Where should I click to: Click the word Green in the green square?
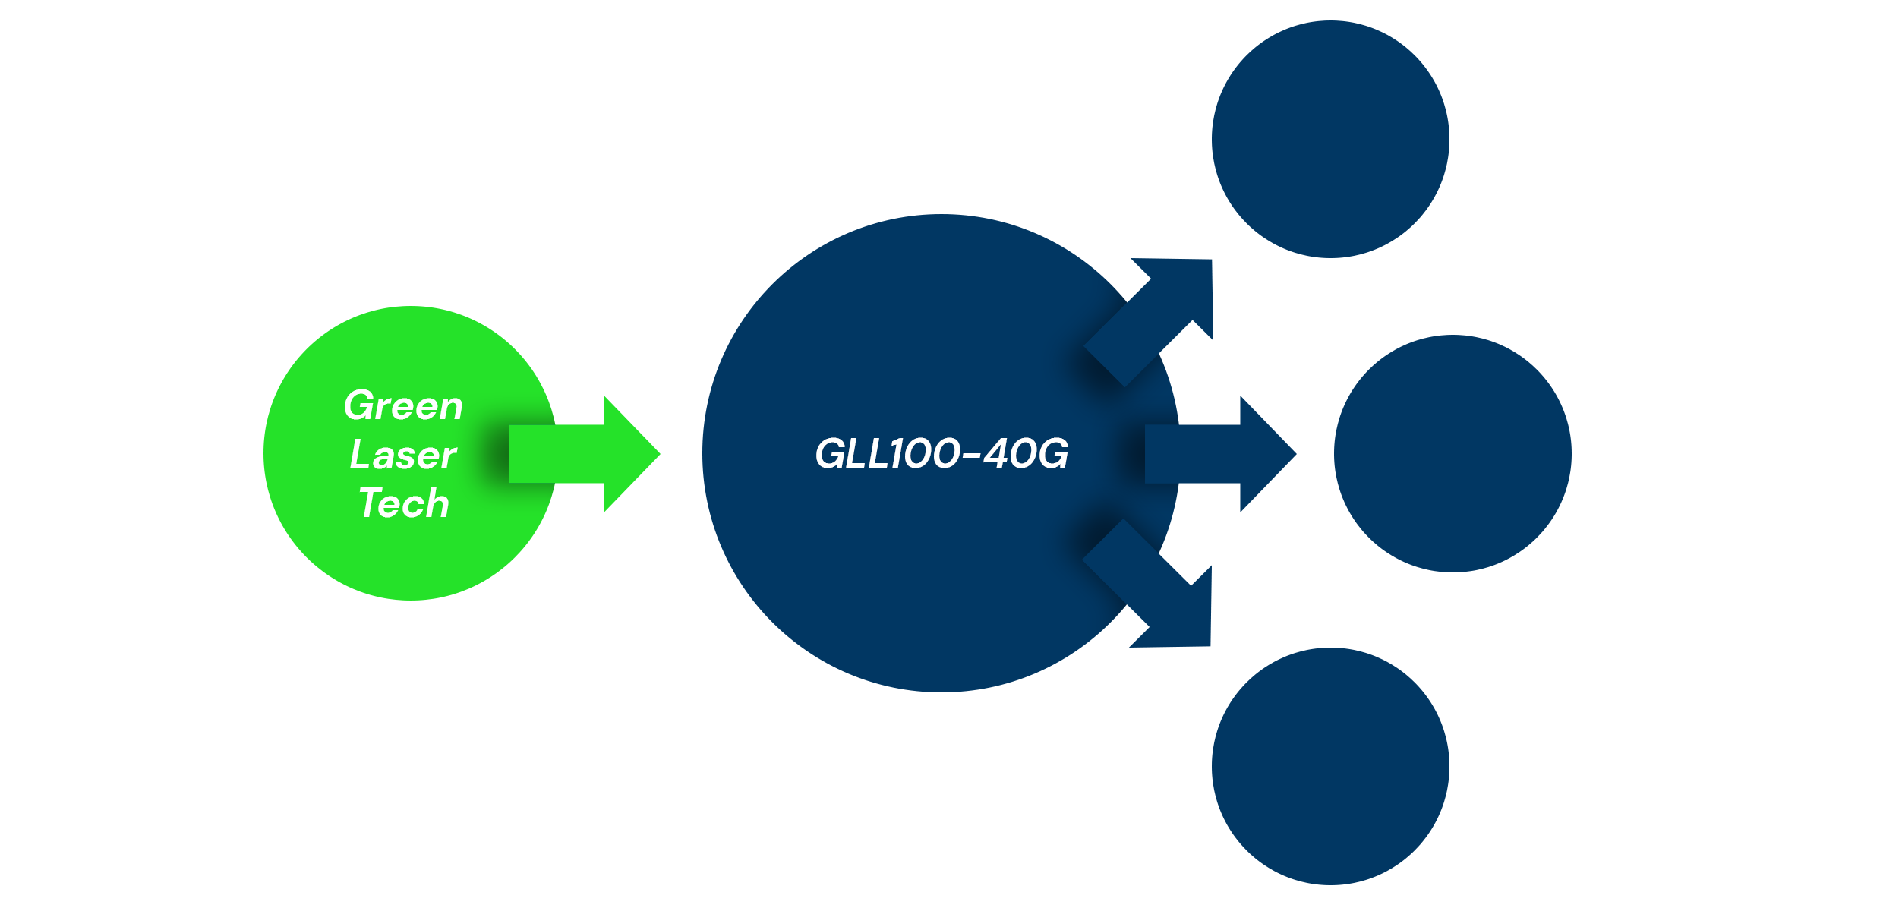[403, 405]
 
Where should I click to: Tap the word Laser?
[403, 455]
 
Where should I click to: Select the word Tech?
[404, 503]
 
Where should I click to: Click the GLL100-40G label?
[941, 454]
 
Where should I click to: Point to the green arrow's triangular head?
[630, 454]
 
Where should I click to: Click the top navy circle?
[1330, 139]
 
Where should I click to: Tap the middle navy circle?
[1443, 454]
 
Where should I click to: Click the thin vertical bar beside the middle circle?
[1563, 454]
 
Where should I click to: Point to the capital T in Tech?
[372, 503]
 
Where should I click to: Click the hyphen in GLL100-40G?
[971, 456]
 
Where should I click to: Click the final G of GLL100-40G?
[1052, 454]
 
